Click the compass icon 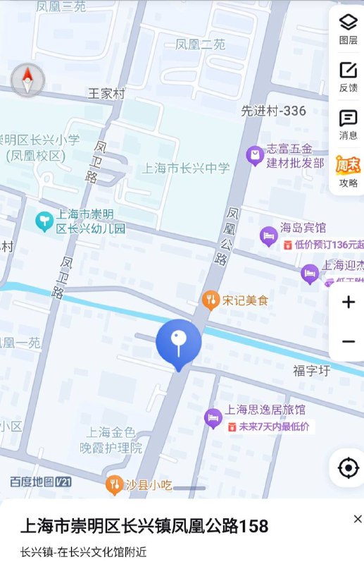pyautogui.click(x=28, y=80)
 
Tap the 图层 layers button pyautogui.click(x=348, y=28)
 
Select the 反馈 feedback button pyautogui.click(x=348, y=76)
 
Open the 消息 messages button pyautogui.click(x=348, y=124)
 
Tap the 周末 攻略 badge pyautogui.click(x=348, y=171)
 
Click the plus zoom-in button pyautogui.click(x=348, y=302)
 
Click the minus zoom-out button pyautogui.click(x=348, y=342)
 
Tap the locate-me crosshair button pyautogui.click(x=348, y=468)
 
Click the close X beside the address pyautogui.click(x=358, y=520)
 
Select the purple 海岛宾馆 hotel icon pyautogui.click(x=268, y=235)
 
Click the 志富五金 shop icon pyautogui.click(x=254, y=156)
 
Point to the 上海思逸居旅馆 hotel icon pyautogui.click(x=213, y=418)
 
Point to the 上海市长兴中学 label pyautogui.click(x=186, y=168)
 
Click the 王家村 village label pyautogui.click(x=106, y=93)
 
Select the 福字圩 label pyautogui.click(x=311, y=370)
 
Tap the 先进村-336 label pyautogui.click(x=273, y=111)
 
